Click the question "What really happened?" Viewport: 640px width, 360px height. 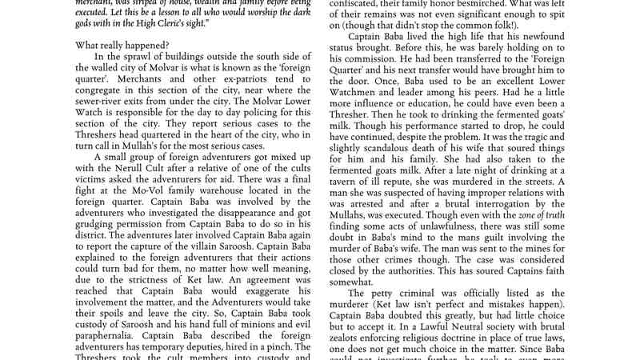tap(123, 46)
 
